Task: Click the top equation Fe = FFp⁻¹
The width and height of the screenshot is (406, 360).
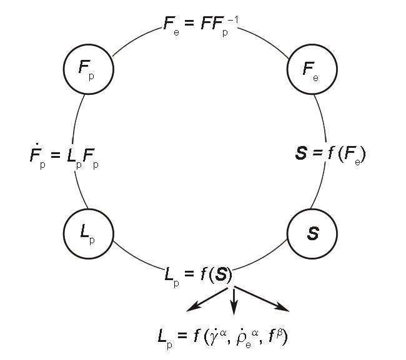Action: [x=201, y=26]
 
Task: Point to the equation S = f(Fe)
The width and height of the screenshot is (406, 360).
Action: [x=330, y=155]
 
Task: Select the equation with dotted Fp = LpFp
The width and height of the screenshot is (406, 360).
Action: [x=64, y=156]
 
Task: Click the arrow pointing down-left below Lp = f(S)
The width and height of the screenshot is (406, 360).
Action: [x=207, y=300]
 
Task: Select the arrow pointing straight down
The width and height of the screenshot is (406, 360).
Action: [x=234, y=301]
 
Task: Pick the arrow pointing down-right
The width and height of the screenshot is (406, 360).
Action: [x=262, y=298]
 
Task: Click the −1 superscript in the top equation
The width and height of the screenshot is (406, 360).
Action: [x=233, y=20]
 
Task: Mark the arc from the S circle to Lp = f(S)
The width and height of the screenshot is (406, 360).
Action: [x=260, y=258]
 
